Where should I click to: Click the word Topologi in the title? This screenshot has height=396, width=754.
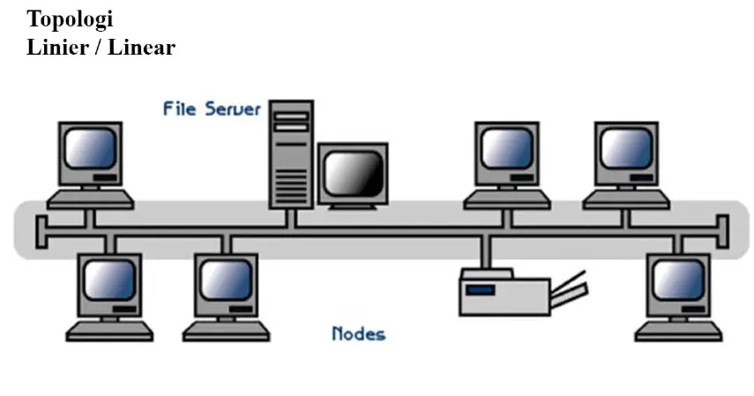click(70, 19)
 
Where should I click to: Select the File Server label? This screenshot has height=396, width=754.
click(212, 109)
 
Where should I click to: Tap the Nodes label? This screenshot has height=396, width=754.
click(358, 333)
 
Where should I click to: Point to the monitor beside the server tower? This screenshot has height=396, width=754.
click(352, 172)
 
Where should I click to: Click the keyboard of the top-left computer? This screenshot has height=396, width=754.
click(90, 199)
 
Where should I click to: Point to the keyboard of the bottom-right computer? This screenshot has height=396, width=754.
click(678, 332)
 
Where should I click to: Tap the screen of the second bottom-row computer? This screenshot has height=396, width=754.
click(227, 280)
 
